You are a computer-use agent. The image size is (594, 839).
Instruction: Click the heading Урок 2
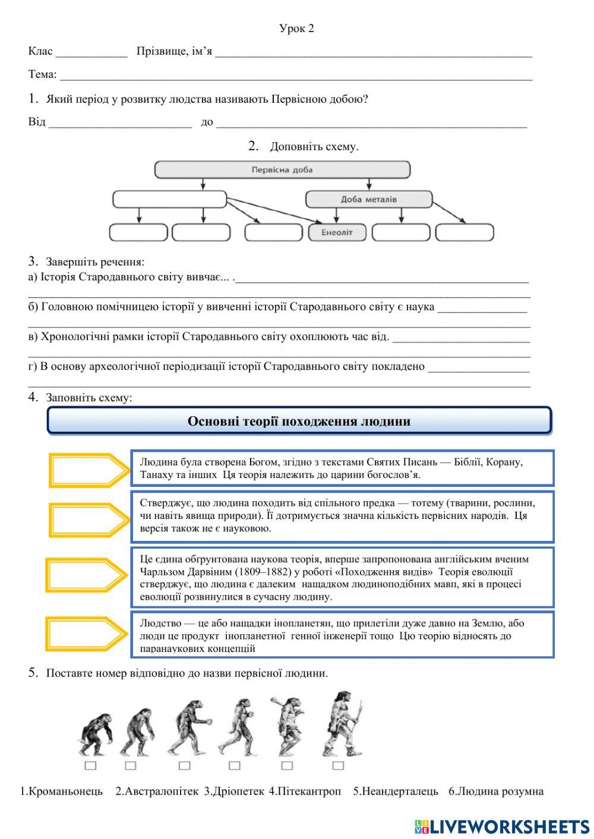click(296, 29)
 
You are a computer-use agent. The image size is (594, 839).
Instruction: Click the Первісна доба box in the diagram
click(282, 170)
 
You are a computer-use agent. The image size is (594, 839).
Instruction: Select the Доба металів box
click(369, 200)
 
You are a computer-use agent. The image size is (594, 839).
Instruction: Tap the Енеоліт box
click(337, 232)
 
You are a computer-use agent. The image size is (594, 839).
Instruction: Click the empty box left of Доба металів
click(169, 200)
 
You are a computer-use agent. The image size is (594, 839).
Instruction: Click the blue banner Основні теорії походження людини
click(299, 421)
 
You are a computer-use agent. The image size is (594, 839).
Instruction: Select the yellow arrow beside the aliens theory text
click(87, 635)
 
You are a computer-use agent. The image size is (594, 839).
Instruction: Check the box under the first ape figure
click(90, 765)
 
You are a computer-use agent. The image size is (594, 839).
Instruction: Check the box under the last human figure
click(338, 765)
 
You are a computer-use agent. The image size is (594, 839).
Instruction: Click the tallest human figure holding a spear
click(343, 724)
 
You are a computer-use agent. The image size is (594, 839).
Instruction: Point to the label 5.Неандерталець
click(396, 791)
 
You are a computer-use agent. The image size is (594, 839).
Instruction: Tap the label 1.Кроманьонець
click(62, 791)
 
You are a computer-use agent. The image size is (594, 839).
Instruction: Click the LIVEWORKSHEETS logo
click(502, 826)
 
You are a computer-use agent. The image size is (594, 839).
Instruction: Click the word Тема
click(42, 75)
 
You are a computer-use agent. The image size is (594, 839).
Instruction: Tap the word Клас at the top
click(40, 52)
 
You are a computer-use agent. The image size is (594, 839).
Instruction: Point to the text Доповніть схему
click(314, 147)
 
